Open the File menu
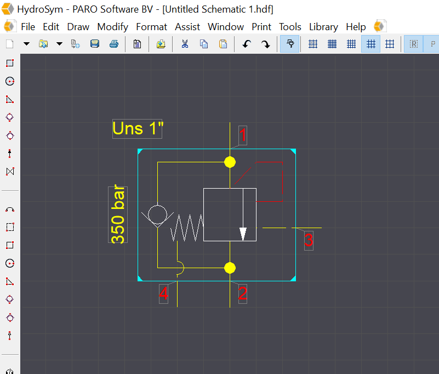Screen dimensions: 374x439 pyautogui.click(x=27, y=26)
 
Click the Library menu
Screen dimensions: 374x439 pyautogui.click(x=323, y=26)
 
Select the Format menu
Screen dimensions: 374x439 pyautogui.click(x=151, y=26)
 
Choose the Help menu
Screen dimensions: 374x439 pyautogui.click(x=356, y=26)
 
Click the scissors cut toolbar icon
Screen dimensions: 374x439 pyautogui.click(x=185, y=44)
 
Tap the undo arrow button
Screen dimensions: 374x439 pyautogui.click(x=247, y=44)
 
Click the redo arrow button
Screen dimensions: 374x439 pyautogui.click(x=265, y=44)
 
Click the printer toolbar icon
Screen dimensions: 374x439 pyautogui.click(x=113, y=44)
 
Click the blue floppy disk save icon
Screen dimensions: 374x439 pyautogui.click(x=94, y=44)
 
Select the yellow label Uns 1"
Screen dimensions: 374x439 pyautogui.click(x=138, y=128)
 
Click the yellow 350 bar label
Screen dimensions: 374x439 pyautogui.click(x=118, y=214)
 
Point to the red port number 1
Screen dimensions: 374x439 pyautogui.click(x=243, y=135)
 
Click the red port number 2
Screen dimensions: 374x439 pyautogui.click(x=243, y=294)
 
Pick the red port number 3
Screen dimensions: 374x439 pyautogui.click(x=309, y=240)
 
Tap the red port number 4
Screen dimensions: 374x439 pyautogui.click(x=163, y=294)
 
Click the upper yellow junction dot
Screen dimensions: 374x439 pyautogui.click(x=230, y=162)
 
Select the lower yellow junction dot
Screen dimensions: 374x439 pyautogui.click(x=230, y=268)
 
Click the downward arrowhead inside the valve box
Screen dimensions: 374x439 pyautogui.click(x=243, y=234)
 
